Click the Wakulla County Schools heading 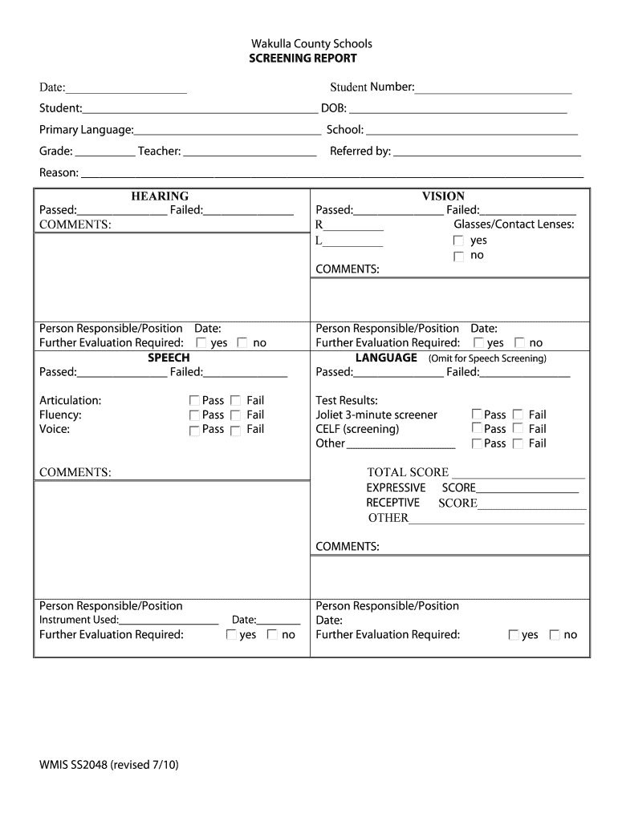click(311, 43)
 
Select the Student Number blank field click(493, 88)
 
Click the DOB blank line click(457, 110)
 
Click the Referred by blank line click(486, 152)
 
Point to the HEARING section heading click(160, 196)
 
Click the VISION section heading click(443, 196)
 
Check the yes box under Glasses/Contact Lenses click(458, 241)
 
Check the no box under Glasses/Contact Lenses click(458, 257)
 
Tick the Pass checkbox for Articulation click(194, 400)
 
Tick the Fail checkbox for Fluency click(235, 415)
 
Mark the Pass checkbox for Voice click(194, 431)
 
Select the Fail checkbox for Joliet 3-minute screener click(518, 415)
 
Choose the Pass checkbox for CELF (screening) click(477, 430)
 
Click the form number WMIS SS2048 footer click(109, 765)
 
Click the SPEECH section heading click(169, 358)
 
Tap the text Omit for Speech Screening click(487, 358)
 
